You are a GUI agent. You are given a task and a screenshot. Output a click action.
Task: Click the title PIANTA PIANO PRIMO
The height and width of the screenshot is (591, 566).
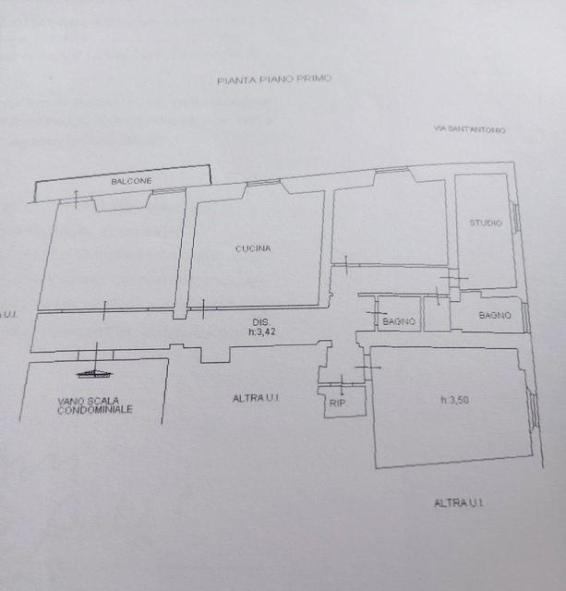[x=274, y=79]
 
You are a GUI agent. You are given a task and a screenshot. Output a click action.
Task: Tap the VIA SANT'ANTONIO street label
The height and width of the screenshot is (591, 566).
[x=469, y=129]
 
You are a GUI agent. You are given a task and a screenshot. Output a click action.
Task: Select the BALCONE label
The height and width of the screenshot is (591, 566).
[x=131, y=181]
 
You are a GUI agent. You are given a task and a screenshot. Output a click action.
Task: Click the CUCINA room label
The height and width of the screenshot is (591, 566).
[x=253, y=248]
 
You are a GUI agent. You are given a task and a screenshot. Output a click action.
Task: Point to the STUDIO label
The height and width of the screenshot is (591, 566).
[x=486, y=223]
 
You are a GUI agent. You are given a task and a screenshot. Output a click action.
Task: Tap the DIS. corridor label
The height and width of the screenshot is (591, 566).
[x=261, y=322]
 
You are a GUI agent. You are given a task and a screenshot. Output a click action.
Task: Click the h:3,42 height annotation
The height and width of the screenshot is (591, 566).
[x=262, y=332]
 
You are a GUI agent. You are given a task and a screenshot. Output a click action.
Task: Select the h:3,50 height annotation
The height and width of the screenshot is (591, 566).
[x=455, y=400]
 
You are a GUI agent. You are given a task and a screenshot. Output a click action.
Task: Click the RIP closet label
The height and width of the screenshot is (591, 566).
[x=337, y=403]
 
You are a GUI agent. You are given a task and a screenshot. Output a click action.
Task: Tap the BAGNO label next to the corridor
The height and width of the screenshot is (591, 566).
[x=399, y=321]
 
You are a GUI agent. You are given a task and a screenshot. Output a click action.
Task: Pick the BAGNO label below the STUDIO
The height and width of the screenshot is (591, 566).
[x=495, y=315]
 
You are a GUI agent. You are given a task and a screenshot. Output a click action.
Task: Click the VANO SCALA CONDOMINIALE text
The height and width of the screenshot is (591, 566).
[x=94, y=405]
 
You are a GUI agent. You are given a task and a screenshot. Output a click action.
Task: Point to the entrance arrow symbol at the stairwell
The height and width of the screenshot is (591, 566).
[x=95, y=363]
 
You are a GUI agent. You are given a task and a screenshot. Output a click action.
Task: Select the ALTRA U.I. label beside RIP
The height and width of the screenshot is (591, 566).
[x=256, y=398]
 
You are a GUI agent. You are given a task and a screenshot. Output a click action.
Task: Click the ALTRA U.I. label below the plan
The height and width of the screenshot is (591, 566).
[x=459, y=502]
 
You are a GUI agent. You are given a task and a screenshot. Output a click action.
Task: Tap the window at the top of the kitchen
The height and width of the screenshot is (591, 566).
[x=264, y=183]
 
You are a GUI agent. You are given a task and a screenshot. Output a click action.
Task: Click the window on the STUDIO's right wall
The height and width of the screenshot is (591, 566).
[x=516, y=218]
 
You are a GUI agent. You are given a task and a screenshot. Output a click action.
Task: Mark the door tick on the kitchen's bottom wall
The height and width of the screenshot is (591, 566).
[x=203, y=309]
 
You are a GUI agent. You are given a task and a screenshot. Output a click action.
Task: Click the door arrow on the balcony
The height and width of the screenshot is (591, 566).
[x=76, y=199]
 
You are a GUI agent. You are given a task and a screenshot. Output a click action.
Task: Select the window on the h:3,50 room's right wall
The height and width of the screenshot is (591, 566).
[x=533, y=410]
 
